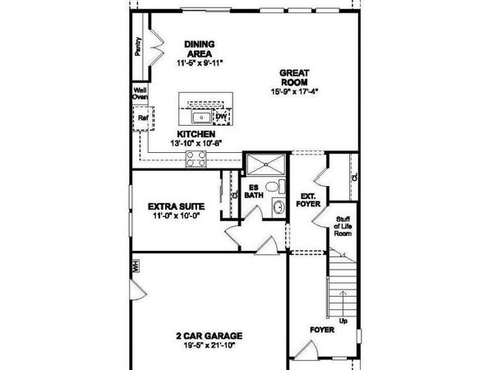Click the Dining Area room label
[x=199, y=49]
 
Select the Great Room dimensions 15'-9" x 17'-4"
[x=294, y=90]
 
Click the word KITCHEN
[x=196, y=134]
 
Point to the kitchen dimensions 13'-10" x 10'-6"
[x=196, y=144]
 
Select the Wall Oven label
[x=139, y=95]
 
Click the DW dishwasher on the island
[x=220, y=116]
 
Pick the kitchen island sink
[x=199, y=117]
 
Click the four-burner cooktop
[x=196, y=160]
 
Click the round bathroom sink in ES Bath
[x=277, y=206]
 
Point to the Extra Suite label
[x=176, y=206]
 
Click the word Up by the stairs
[x=343, y=320]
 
